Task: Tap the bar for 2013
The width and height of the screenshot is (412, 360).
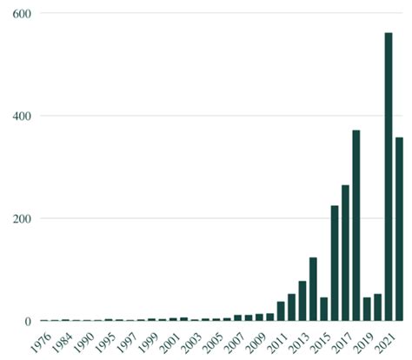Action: pyautogui.click(x=302, y=300)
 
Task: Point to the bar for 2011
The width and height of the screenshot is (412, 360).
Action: pyautogui.click(x=281, y=311)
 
